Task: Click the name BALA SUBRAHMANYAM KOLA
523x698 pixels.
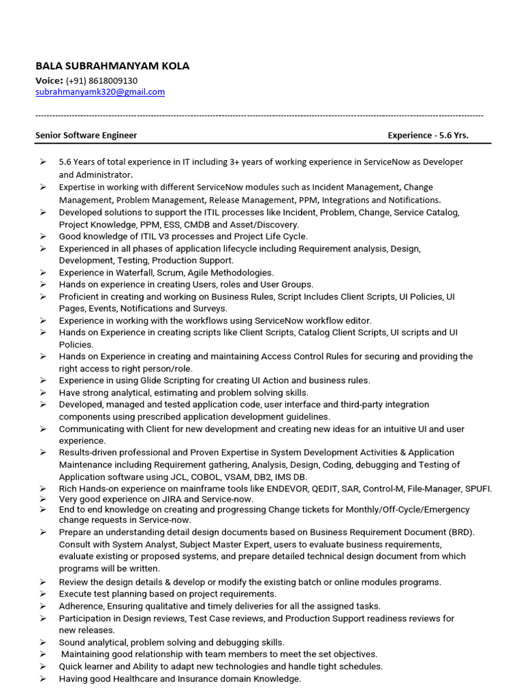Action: pos(112,66)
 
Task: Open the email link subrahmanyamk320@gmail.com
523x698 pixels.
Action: pos(100,92)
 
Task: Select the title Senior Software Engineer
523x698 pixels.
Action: pos(86,135)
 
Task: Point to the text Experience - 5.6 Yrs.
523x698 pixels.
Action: pos(428,135)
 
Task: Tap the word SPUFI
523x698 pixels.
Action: pos(476,489)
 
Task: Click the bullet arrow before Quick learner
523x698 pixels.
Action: pos(43,666)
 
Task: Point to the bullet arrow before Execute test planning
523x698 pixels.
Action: pos(43,594)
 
